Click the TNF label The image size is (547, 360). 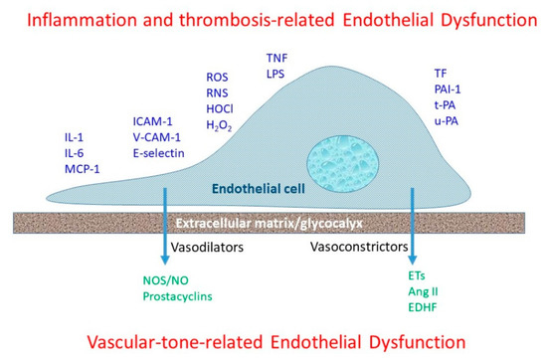277,58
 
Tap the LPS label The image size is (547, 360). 275,74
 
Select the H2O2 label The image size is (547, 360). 219,125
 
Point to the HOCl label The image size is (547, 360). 220,108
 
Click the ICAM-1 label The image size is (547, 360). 153,121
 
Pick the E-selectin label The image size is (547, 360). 159,153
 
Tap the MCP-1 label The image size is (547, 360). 83,169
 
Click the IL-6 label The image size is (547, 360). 75,153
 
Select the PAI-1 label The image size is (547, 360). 448,90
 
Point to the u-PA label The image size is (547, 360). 447,121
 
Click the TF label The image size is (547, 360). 441,74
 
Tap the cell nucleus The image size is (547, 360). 342,164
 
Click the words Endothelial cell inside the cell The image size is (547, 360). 259,189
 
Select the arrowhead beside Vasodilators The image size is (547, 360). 165,261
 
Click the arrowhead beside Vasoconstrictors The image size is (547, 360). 413,260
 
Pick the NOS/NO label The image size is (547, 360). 166,280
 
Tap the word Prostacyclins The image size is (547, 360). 178,296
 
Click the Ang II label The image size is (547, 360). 423,291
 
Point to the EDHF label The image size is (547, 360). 423,307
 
